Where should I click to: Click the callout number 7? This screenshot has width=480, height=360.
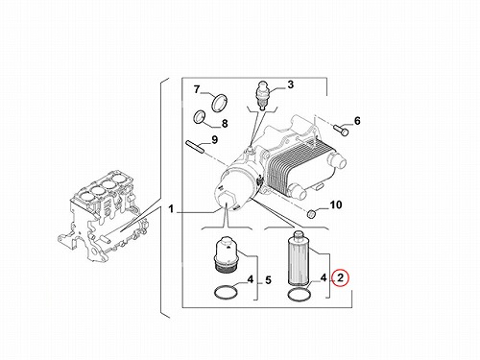(x=197, y=89)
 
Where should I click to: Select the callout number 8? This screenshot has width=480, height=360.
(x=225, y=123)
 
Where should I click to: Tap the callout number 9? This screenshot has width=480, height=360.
(x=214, y=139)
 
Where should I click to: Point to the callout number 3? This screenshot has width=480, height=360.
(x=290, y=84)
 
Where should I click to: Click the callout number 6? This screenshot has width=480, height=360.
(x=357, y=121)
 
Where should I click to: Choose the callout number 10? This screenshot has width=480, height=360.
(x=336, y=204)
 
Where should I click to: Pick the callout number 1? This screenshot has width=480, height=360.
(x=171, y=209)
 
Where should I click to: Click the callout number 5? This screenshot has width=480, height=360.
(x=268, y=280)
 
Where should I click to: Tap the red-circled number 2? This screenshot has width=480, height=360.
(x=340, y=277)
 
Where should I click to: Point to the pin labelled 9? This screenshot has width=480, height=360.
(x=194, y=147)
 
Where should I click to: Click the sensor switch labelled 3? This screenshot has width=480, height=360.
(x=263, y=95)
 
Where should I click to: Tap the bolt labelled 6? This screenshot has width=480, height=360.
(x=341, y=130)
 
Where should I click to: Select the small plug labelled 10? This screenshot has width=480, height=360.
(x=312, y=213)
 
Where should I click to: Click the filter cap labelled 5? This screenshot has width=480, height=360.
(x=226, y=255)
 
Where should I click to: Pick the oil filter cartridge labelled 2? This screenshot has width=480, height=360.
(x=299, y=258)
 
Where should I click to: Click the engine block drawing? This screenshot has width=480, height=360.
(x=104, y=218)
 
